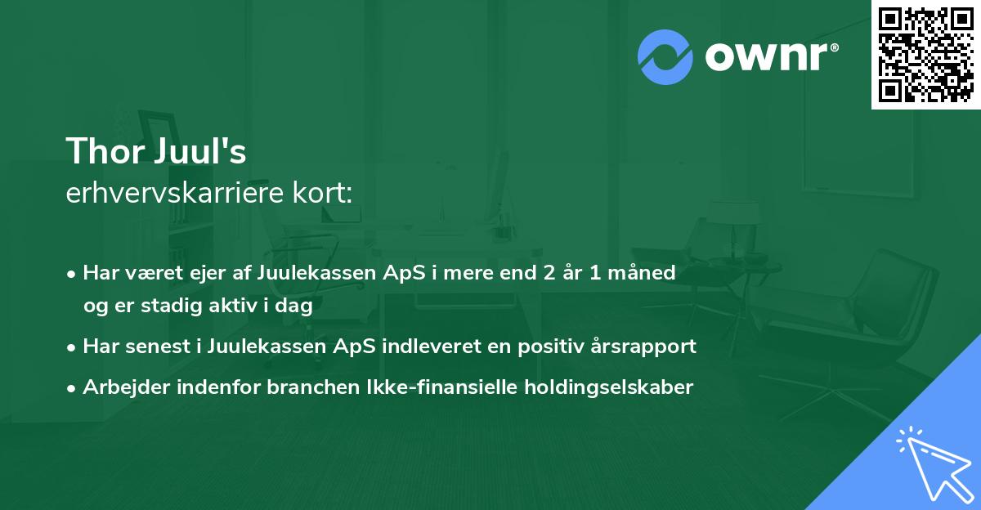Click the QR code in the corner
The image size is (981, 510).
[x=926, y=55]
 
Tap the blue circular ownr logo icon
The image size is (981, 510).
[x=665, y=56]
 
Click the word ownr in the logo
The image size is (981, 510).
[x=770, y=56]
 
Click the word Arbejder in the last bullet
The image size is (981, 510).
[x=120, y=387]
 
